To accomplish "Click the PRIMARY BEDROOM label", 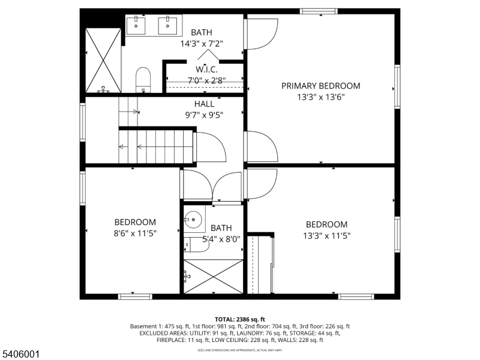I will [x=320, y=86].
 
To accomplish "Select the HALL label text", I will [x=204, y=104].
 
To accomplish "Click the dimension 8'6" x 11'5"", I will [x=135, y=235].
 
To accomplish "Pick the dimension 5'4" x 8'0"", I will [x=221, y=239].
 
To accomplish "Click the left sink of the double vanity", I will [x=137, y=26].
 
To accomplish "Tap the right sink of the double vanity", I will [x=167, y=26].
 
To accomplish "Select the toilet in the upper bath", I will [x=143, y=80].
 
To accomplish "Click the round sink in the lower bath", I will [x=193, y=220].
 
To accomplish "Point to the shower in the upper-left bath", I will [x=103, y=59].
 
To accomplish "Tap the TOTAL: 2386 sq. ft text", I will [x=240, y=319].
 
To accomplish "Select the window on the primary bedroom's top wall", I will [x=319, y=11].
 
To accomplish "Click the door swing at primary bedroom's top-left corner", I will [x=262, y=35].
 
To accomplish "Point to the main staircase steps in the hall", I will [x=158, y=146].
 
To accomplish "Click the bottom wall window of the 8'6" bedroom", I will [x=135, y=296].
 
